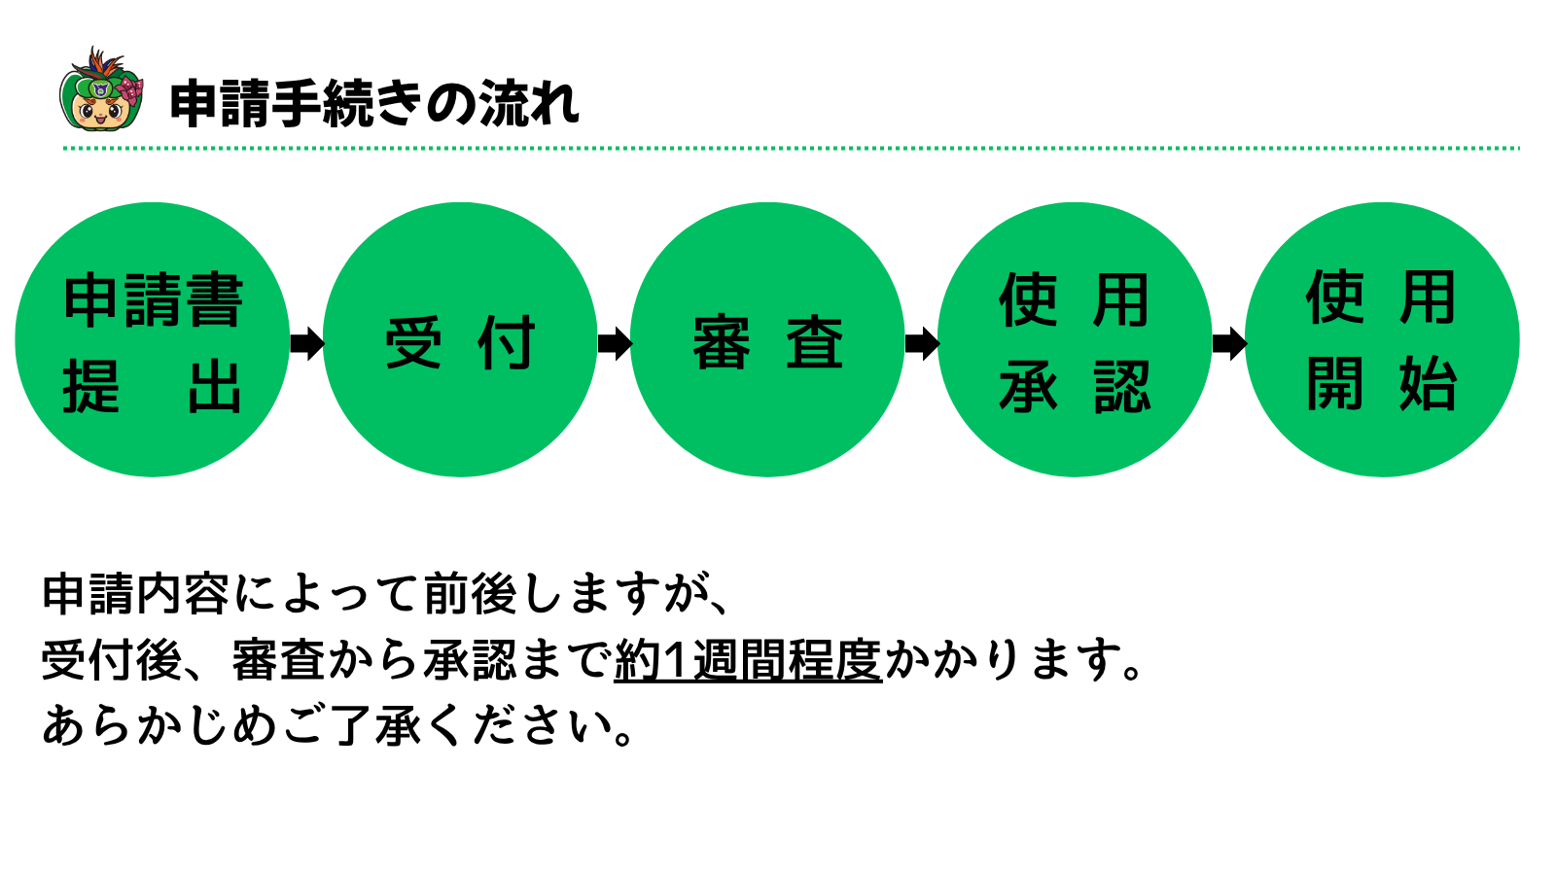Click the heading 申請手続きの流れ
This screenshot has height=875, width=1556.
[x=374, y=103]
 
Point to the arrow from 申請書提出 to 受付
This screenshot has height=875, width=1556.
[x=306, y=342]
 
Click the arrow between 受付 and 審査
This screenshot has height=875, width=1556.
[x=614, y=342]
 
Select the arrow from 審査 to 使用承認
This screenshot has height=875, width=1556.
[x=921, y=342]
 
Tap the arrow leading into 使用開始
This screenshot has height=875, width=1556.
[x=1228, y=342]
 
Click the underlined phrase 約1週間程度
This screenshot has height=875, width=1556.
[x=748, y=660]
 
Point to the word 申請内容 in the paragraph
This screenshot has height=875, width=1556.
[x=135, y=594]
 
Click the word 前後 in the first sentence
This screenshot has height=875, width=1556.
[x=471, y=594]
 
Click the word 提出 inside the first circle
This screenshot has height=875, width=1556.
[x=153, y=387]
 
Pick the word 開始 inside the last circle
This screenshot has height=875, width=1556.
[x=1382, y=384]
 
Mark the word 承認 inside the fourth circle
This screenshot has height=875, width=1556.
[x=1075, y=387]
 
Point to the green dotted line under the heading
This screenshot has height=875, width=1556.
[x=791, y=149]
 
